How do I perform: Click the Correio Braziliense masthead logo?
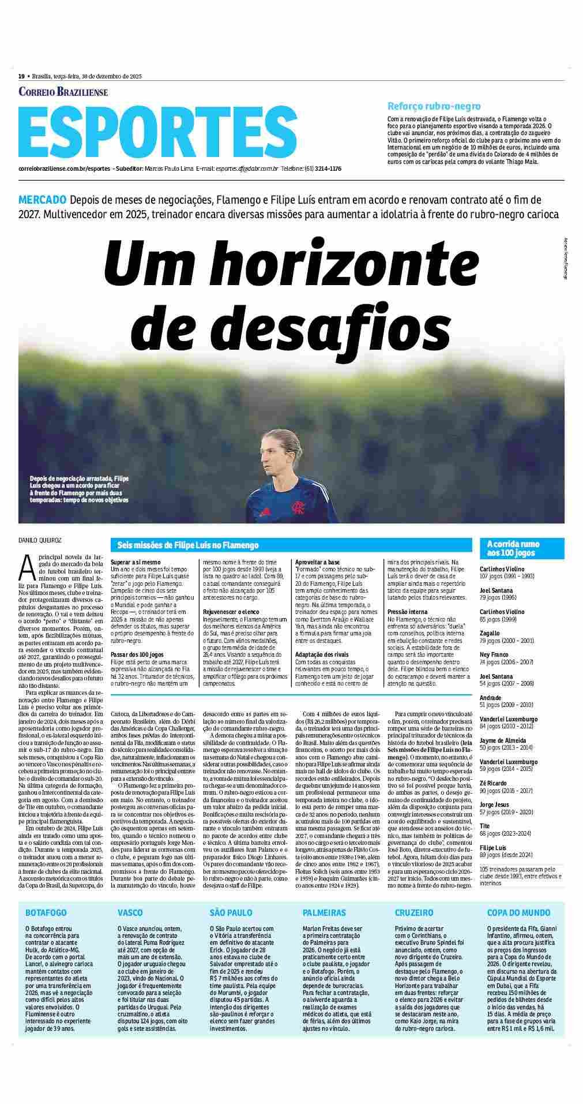click(x=63, y=92)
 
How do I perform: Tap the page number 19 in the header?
click(x=21, y=76)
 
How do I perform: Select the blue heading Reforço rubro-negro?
click(x=434, y=106)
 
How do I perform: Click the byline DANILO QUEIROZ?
click(x=40, y=541)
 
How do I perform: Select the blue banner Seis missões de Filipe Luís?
click(x=188, y=545)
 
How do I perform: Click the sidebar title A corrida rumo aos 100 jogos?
click(x=513, y=548)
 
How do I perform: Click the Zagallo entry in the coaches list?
click(x=490, y=633)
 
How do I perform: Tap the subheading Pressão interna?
click(x=407, y=611)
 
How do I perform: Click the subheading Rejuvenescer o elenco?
click(x=229, y=611)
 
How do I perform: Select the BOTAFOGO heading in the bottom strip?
click(x=46, y=912)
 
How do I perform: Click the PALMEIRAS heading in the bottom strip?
click(x=324, y=912)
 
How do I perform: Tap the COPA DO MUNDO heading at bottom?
click(x=518, y=912)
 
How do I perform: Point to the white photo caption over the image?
click(x=80, y=489)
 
